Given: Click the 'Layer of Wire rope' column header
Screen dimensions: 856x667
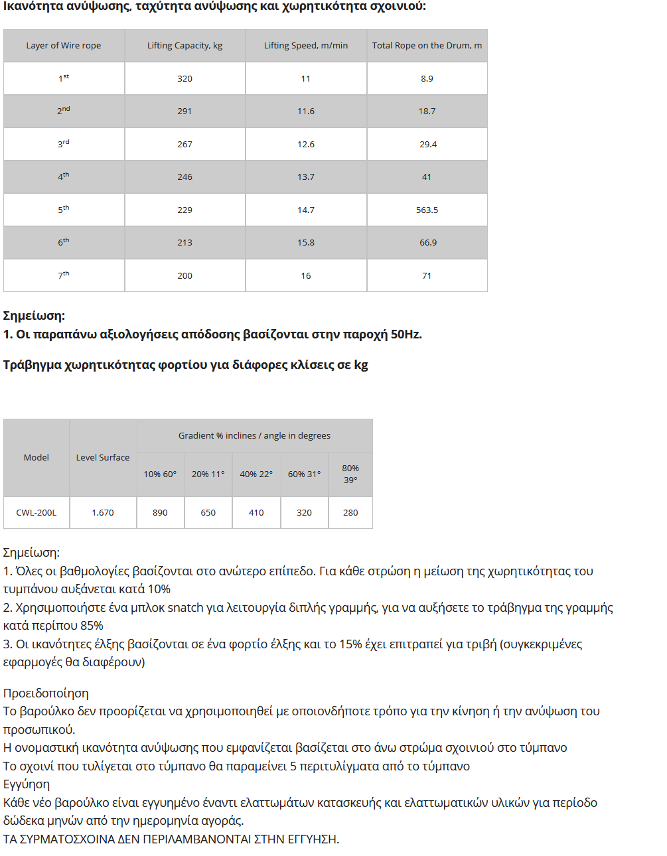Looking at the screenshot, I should (x=64, y=46).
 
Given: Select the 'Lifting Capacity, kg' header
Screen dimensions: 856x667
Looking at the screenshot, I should (x=185, y=46).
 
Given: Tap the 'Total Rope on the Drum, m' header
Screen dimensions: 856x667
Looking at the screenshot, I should (x=427, y=46).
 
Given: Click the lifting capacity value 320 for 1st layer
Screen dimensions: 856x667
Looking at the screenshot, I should (x=185, y=78).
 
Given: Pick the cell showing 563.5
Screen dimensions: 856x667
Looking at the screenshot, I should (x=427, y=210).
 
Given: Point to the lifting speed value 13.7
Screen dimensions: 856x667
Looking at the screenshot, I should (x=306, y=177).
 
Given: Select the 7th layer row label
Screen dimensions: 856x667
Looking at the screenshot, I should (x=64, y=275).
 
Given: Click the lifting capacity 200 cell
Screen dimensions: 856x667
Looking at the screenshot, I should (x=185, y=275).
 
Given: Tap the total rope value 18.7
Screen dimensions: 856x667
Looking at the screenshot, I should (x=427, y=111).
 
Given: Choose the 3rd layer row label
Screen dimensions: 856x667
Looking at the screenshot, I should (x=64, y=144).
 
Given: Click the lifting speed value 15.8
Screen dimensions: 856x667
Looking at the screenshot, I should (x=306, y=243).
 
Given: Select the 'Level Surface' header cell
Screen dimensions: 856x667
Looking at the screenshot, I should (x=103, y=458).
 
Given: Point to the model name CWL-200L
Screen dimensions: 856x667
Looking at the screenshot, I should (x=37, y=513).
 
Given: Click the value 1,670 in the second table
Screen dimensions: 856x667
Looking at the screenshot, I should (x=103, y=513).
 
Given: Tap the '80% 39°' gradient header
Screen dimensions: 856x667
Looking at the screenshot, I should (x=350, y=474).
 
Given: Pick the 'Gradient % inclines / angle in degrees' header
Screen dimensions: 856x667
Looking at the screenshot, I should (x=254, y=436).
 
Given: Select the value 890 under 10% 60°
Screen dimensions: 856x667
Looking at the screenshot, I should (x=160, y=513).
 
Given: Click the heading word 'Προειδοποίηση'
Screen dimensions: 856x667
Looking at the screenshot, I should (x=46, y=693).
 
